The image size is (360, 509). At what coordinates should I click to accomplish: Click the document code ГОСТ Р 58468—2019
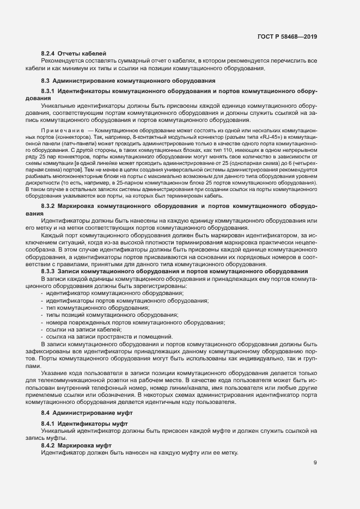tap(287, 37)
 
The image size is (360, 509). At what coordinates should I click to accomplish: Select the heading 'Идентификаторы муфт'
tap(93, 424)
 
